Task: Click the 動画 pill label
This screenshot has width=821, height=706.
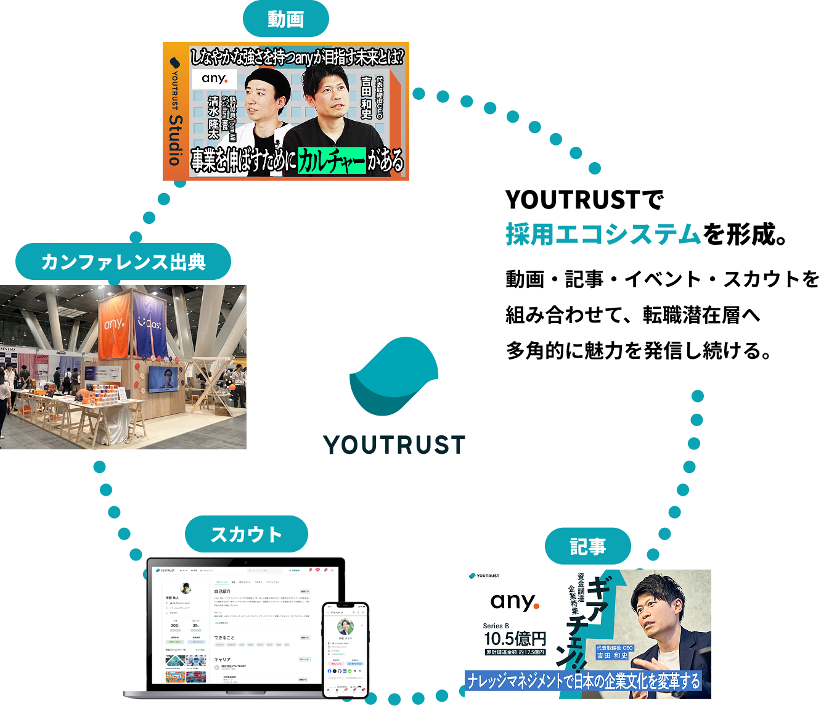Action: coord(285,20)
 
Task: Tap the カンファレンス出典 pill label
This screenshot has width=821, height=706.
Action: coord(123,262)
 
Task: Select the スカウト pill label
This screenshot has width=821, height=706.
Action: coord(246,534)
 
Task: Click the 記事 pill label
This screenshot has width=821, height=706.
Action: coord(587,546)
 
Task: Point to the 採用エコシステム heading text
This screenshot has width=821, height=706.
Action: coord(603,235)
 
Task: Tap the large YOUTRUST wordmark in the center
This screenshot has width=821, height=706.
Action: coord(394,445)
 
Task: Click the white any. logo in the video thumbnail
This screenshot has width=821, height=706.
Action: coord(214,79)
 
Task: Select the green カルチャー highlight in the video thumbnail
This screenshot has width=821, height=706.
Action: coord(332,162)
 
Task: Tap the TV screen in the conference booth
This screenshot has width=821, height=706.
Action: coord(163,379)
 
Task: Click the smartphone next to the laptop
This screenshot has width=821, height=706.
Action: coord(345,649)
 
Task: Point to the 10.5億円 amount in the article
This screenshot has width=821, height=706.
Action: coord(515,639)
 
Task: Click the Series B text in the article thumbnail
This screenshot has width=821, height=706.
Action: coord(496,626)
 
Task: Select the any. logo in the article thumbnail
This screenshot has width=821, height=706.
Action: coord(514,602)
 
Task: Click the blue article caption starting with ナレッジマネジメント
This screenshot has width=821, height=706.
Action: coord(584,681)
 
